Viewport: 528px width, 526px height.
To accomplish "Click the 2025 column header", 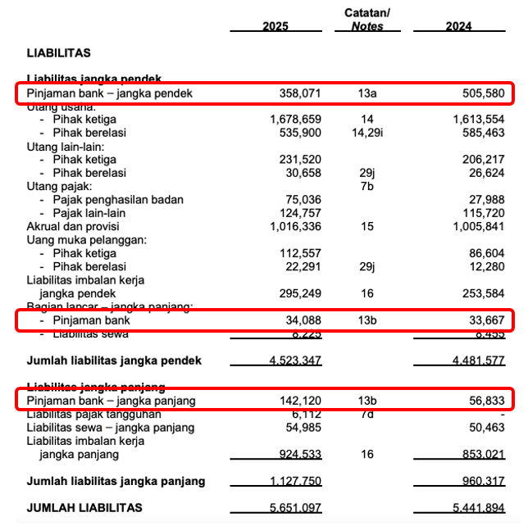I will click(x=275, y=26).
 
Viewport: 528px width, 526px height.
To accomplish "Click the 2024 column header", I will click(x=458, y=26).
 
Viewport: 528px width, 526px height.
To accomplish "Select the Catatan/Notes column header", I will click(x=367, y=20).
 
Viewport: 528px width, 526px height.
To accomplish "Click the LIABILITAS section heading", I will click(x=59, y=53).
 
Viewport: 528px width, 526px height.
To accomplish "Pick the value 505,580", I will click(x=483, y=93).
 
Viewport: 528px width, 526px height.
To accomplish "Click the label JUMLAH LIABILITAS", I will click(x=85, y=508).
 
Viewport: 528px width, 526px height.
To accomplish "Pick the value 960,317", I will click(x=483, y=481).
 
